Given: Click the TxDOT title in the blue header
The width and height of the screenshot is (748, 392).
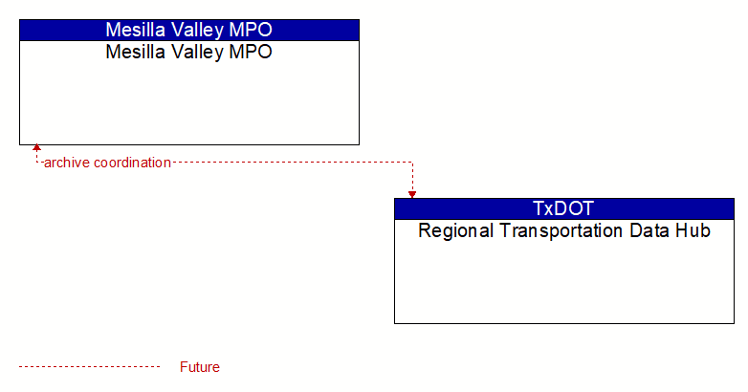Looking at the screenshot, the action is coord(563,208).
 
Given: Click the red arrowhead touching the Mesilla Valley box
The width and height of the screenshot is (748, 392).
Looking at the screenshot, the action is coord(36,147).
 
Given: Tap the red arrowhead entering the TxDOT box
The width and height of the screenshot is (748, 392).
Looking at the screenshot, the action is coord(412,195).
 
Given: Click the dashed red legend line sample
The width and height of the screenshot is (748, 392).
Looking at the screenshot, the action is coord(89,367).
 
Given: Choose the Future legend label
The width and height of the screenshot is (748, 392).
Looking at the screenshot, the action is coord(199,367).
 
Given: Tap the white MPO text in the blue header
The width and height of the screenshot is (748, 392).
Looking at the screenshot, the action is coord(251,30).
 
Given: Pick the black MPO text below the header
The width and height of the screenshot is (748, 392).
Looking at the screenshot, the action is coord(251,52).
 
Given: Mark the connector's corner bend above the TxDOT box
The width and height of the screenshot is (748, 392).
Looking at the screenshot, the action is coord(412,163).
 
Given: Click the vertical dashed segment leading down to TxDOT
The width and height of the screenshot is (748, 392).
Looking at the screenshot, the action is coord(412,177).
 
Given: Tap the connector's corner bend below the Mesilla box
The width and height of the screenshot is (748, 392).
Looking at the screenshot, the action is coord(36,163).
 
